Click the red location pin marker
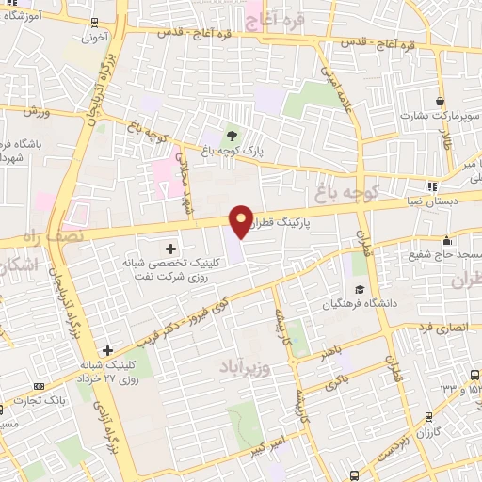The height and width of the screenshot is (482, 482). tap(241, 222)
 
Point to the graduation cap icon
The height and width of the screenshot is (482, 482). tap(359, 289)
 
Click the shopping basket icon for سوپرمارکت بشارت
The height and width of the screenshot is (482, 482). tap(440, 101)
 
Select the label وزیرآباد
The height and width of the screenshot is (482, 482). tap(246, 364)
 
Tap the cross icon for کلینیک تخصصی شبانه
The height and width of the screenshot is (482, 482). tap(170, 249)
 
